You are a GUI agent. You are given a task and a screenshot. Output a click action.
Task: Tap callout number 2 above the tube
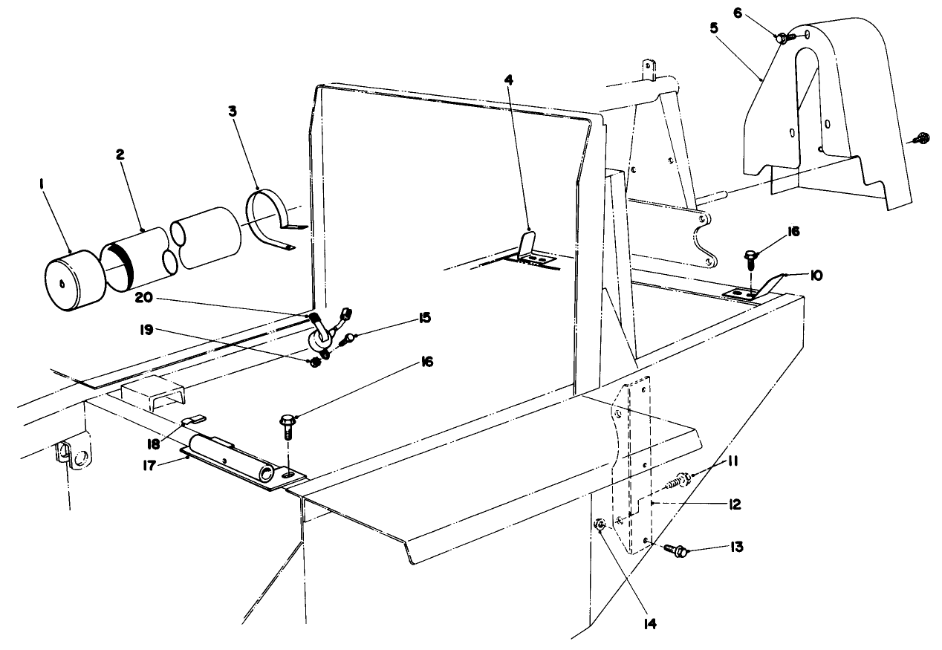tap(120, 155)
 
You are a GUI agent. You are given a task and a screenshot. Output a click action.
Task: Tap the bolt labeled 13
tap(678, 550)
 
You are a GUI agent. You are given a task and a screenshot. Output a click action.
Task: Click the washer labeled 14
tap(600, 525)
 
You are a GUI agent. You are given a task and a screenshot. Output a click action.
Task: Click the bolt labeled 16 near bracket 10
tap(750, 259)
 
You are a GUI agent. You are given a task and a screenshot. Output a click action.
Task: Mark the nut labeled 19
tap(314, 362)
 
